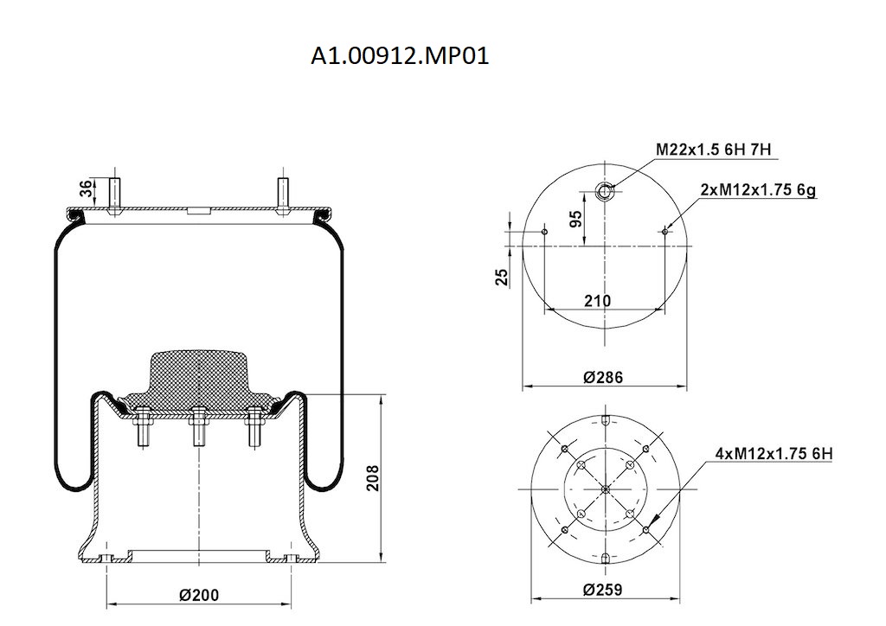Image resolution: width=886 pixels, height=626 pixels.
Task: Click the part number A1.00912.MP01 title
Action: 401,57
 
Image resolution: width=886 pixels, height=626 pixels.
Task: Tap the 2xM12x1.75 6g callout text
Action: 758,190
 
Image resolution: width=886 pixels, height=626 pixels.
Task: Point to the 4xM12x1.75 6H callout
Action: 774,453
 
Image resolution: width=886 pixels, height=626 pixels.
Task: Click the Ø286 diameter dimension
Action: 603,378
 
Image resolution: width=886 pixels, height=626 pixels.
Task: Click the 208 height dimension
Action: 373,477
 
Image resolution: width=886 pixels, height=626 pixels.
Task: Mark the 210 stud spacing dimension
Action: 597,300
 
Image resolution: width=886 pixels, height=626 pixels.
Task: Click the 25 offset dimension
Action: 501,277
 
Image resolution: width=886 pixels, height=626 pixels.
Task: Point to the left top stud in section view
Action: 115,195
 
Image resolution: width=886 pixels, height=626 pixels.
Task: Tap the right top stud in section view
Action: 282,195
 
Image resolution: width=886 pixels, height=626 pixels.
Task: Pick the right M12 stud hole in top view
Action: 664,231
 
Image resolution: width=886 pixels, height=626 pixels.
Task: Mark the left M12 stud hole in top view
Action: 544,231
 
